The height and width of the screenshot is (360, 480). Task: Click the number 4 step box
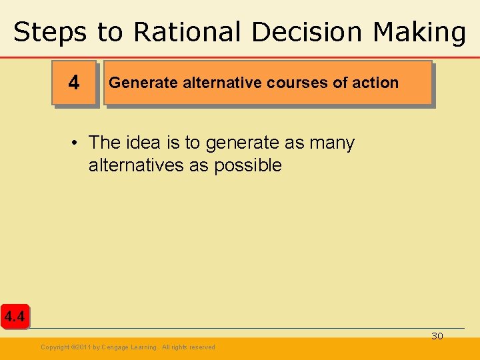[x=74, y=83]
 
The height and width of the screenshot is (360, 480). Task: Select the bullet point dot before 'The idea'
[x=77, y=143]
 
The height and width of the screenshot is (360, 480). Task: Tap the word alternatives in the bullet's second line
[x=137, y=165]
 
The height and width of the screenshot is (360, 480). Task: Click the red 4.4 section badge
[x=14, y=317]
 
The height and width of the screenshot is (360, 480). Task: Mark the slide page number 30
[x=437, y=336]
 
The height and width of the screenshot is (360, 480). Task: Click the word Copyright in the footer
[x=55, y=347]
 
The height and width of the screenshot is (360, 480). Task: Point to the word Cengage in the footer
[x=115, y=347]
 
